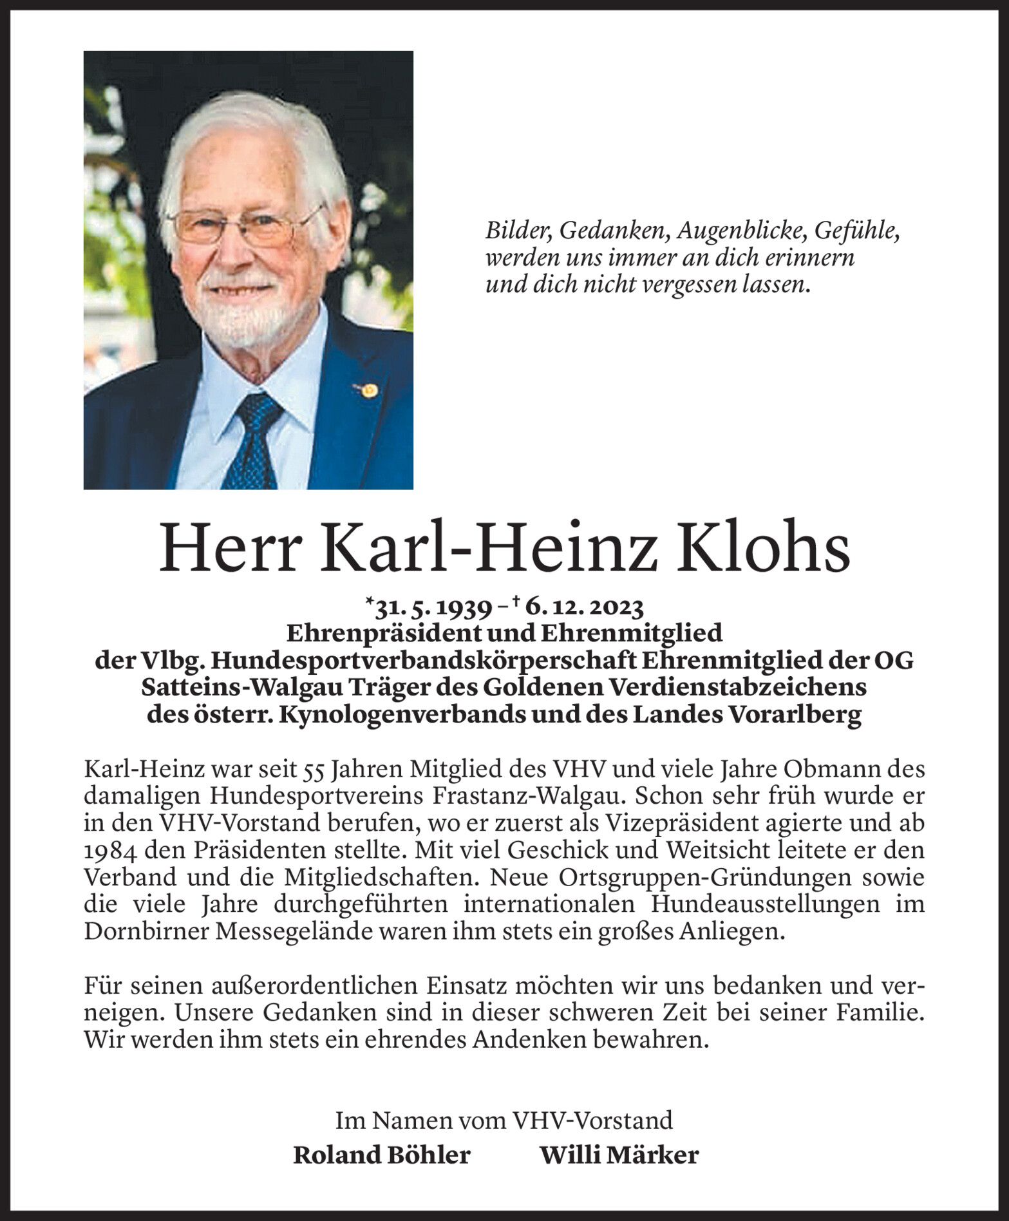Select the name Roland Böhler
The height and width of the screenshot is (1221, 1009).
click(382, 1155)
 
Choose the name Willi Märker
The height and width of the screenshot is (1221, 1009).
click(619, 1155)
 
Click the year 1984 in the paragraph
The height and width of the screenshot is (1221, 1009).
click(109, 850)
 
